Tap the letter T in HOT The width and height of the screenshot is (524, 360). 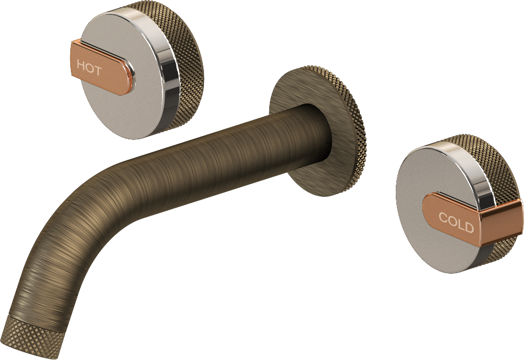click(x=97, y=70)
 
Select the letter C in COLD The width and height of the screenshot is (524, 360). click(x=443, y=217)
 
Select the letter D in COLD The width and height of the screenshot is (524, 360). click(x=469, y=227)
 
